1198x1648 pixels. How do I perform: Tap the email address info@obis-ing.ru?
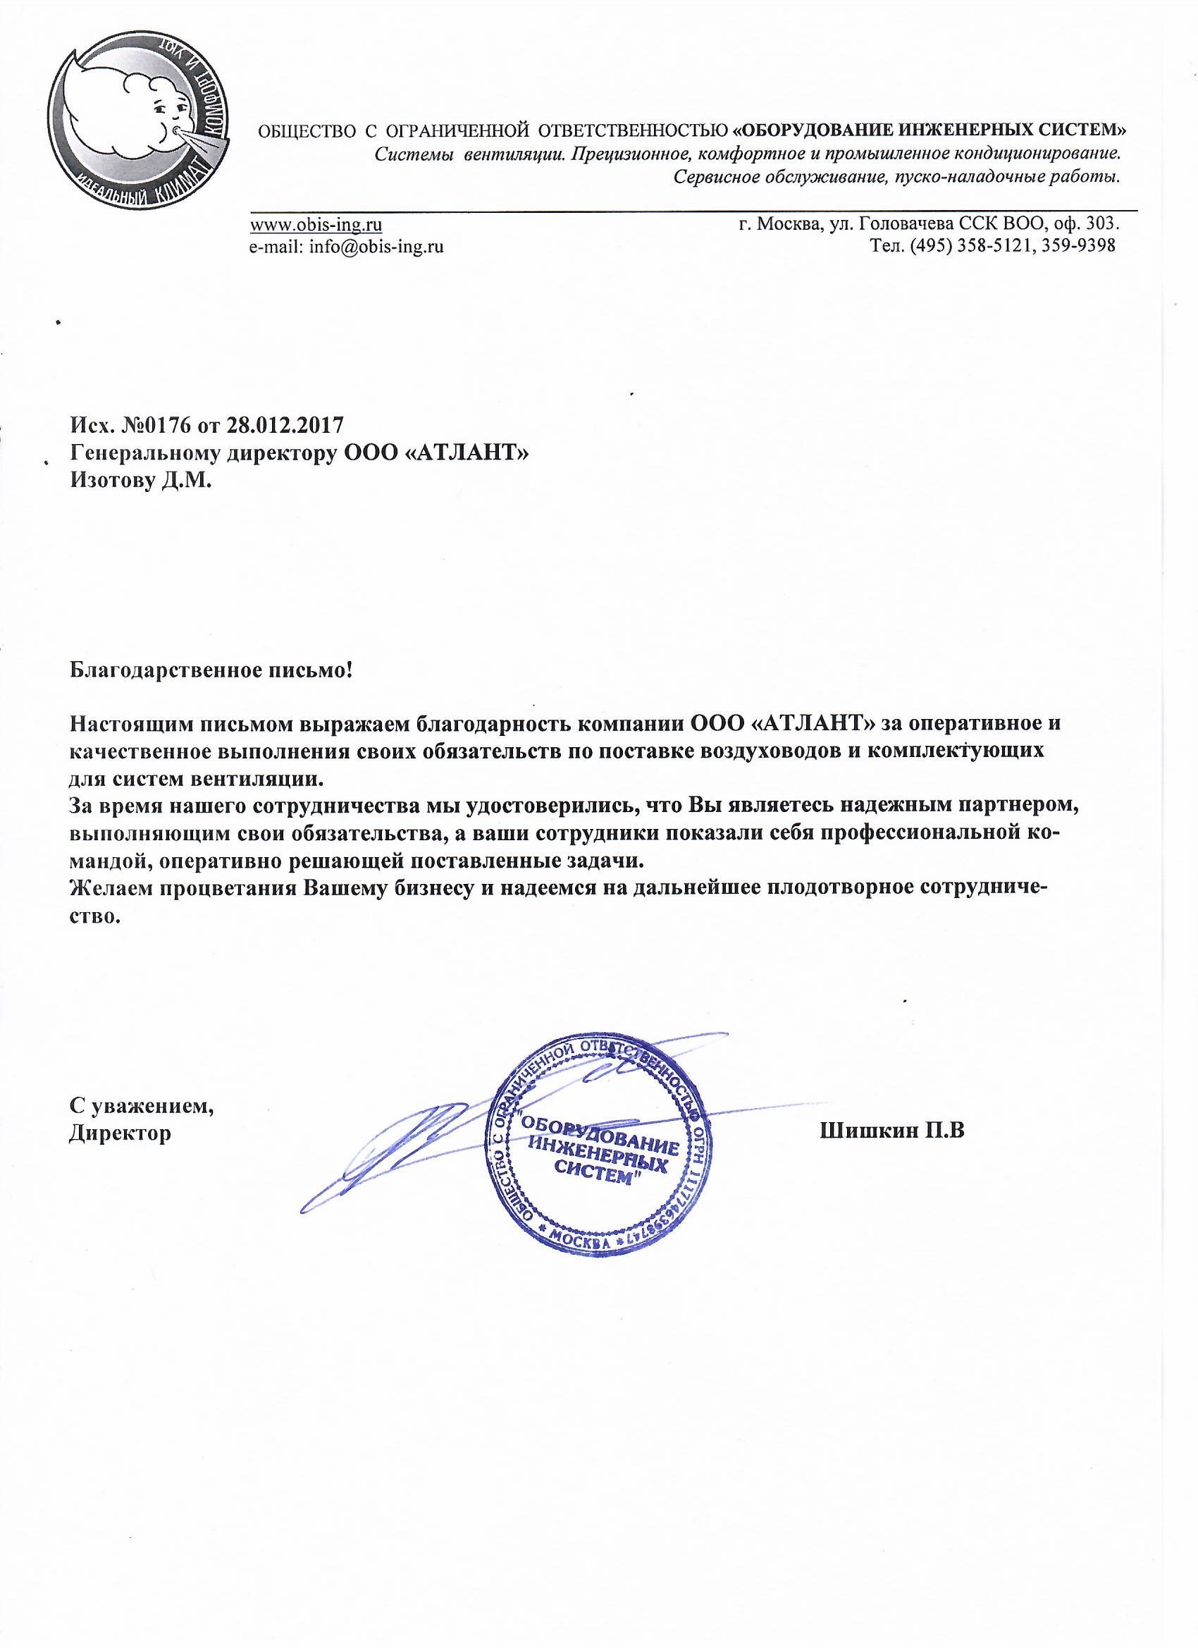(x=376, y=246)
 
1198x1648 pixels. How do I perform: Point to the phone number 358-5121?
(x=989, y=246)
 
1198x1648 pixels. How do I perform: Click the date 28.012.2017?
(x=285, y=424)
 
